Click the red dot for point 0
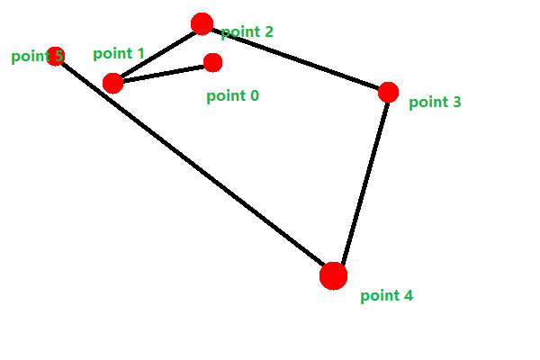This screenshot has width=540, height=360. [x=212, y=62]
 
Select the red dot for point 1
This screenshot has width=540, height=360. [x=112, y=83]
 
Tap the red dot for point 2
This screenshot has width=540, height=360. [x=202, y=24]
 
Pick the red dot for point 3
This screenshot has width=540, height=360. [x=388, y=92]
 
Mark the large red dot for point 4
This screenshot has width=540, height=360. [x=333, y=275]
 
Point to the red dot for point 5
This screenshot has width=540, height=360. [x=55, y=57]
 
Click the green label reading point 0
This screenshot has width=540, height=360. [x=232, y=95]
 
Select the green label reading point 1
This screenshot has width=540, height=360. [x=119, y=54]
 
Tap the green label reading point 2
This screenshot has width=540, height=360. [x=247, y=32]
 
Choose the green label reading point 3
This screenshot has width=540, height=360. [x=435, y=103]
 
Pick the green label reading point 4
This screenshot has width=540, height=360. [x=386, y=295]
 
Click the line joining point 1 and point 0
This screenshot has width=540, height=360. [x=162, y=73]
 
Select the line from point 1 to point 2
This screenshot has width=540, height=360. [x=157, y=54]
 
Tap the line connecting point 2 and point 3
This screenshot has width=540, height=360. [x=295, y=58]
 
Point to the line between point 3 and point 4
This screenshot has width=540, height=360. [x=361, y=184]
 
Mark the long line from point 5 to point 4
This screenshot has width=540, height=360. [x=193, y=166]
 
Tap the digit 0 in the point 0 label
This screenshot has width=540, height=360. [x=254, y=95]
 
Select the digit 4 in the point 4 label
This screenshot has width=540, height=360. [x=408, y=295]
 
